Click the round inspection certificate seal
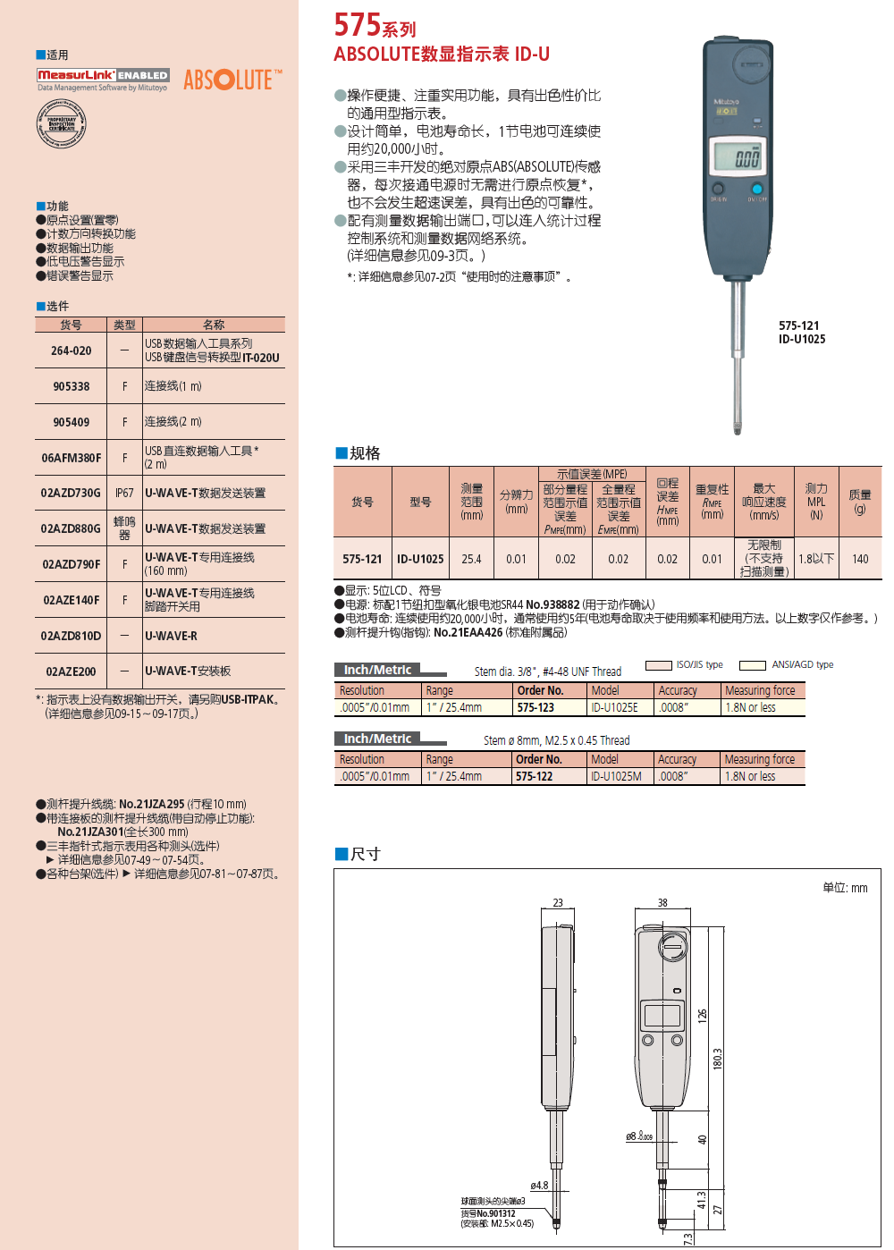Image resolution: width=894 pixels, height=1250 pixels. pyautogui.click(x=61, y=124)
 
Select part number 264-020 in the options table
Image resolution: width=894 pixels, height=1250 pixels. pyautogui.click(x=71, y=351)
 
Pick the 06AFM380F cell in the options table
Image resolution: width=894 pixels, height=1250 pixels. pyautogui.click(x=71, y=458)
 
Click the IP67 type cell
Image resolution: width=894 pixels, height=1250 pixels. pyautogui.click(x=124, y=493)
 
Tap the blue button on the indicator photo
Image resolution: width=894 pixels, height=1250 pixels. pyautogui.click(x=757, y=189)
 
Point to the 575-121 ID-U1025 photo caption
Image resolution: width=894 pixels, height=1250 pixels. pyautogui.click(x=801, y=333)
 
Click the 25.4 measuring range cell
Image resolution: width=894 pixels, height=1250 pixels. pyautogui.click(x=471, y=559)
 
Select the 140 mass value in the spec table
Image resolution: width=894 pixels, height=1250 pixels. pyautogui.click(x=860, y=559)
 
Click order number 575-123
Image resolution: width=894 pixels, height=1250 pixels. pyautogui.click(x=536, y=707)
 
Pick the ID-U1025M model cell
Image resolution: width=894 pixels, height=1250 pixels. pyautogui.click(x=616, y=776)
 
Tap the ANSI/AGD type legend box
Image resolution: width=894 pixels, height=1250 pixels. pyautogui.click(x=752, y=665)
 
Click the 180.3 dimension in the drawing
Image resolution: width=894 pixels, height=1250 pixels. pyautogui.click(x=717, y=1059)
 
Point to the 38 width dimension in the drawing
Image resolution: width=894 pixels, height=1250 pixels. pyautogui.click(x=662, y=902)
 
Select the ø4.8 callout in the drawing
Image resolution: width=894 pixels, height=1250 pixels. pyautogui.click(x=539, y=1186)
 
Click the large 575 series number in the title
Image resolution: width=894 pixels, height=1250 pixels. pyautogui.click(x=357, y=25)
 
